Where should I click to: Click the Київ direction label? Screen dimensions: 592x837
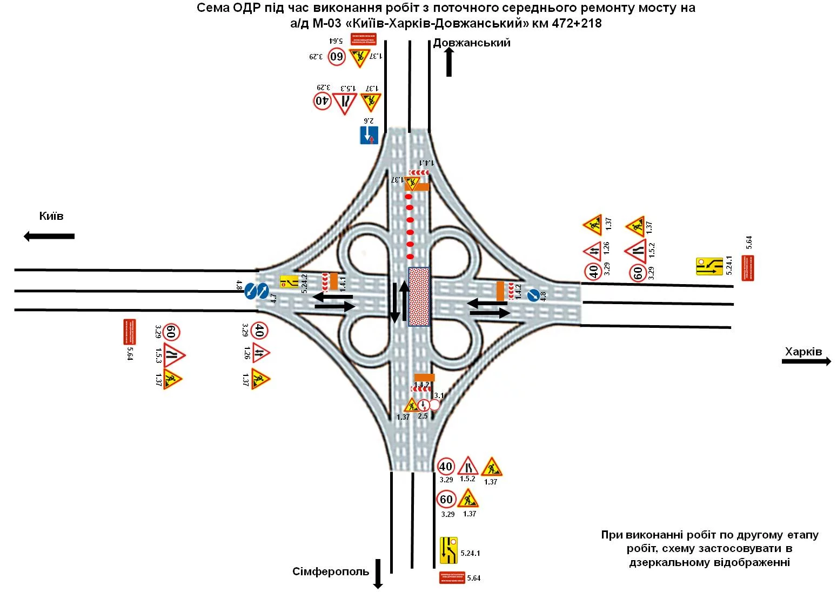click(x=51, y=216)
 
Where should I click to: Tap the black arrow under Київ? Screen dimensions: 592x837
click(x=49, y=236)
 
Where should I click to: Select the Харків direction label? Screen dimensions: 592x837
click(x=803, y=352)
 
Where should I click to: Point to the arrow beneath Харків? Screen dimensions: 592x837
click(x=806, y=361)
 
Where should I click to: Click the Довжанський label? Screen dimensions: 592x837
click(x=472, y=43)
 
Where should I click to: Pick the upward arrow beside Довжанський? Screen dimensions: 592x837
click(x=449, y=62)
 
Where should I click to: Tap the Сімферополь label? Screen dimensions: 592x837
click(x=331, y=571)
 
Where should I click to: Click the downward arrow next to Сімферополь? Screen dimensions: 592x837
click(x=378, y=574)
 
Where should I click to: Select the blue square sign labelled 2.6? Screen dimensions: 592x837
click(x=369, y=135)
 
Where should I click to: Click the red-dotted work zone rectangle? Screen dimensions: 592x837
click(x=419, y=297)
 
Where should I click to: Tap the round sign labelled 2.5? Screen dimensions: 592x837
click(x=423, y=405)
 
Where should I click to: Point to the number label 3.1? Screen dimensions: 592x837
click(x=439, y=396)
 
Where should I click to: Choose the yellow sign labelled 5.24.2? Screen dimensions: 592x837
click(x=289, y=281)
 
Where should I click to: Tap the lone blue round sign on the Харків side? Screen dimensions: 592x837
click(x=533, y=294)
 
